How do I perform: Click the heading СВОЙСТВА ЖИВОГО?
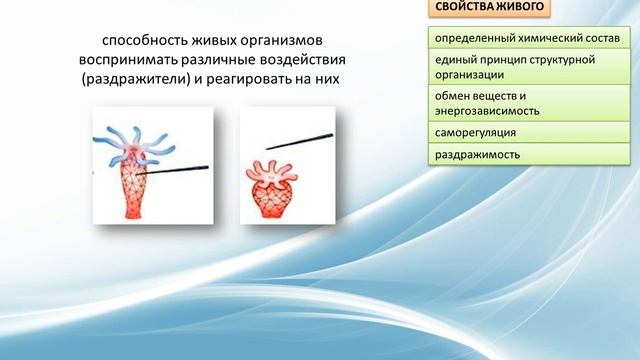(490, 9)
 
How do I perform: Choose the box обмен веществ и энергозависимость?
(529, 103)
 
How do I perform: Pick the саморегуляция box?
(529, 132)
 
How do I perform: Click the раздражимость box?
(529, 155)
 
